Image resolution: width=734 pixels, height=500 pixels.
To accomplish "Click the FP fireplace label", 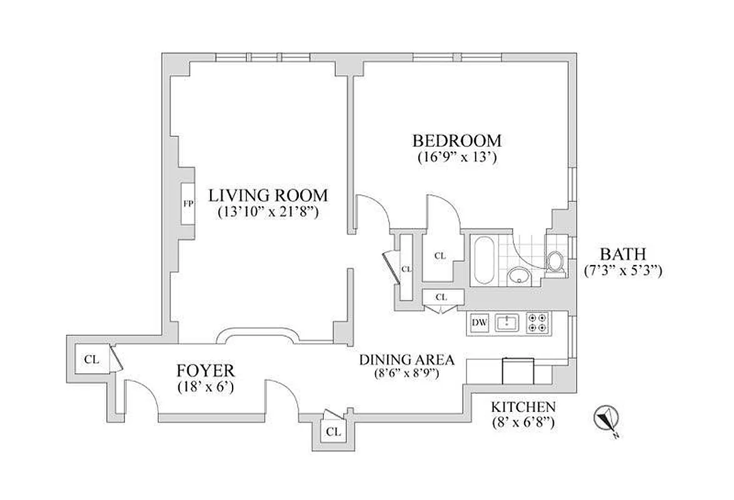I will pyautogui.click(x=187, y=204).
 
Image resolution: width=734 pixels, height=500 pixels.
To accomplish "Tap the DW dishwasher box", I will pyautogui.click(x=480, y=322).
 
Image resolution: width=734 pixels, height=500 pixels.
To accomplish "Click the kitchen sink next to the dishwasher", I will pyautogui.click(x=506, y=322).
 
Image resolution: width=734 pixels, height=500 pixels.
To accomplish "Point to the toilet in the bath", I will pyautogui.click(x=555, y=262).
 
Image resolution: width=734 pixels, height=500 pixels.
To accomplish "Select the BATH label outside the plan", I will pyautogui.click(x=622, y=254).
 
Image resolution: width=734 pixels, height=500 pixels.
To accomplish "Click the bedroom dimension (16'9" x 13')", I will pyautogui.click(x=456, y=157).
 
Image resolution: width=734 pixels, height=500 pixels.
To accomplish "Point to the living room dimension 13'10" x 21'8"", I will pyautogui.click(x=268, y=211).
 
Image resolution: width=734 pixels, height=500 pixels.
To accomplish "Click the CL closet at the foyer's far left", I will pyautogui.click(x=91, y=359).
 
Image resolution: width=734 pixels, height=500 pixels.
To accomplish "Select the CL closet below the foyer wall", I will pyautogui.click(x=333, y=431).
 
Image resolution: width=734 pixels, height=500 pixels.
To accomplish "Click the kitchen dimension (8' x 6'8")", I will pyautogui.click(x=523, y=422).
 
